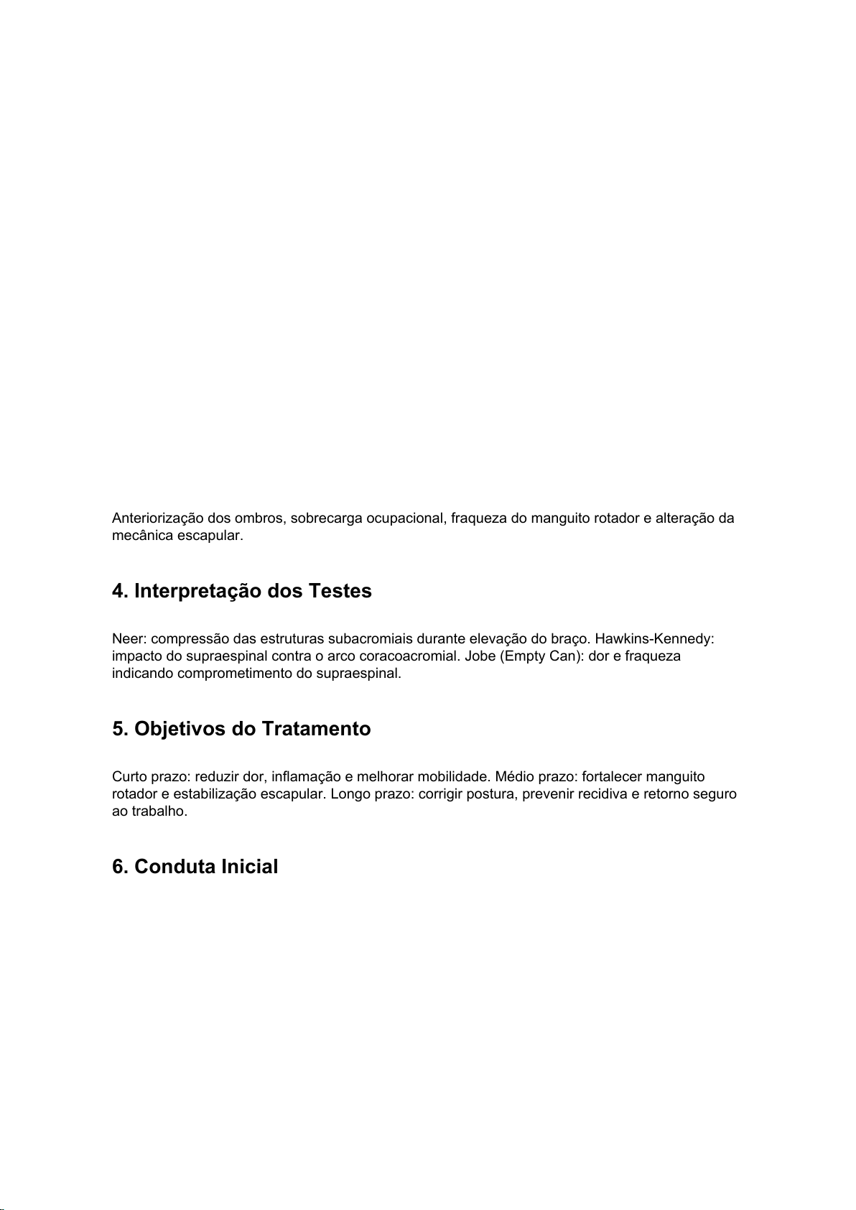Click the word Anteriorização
tap(157, 518)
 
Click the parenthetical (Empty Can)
tap(539, 656)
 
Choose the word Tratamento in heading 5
tap(316, 730)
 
